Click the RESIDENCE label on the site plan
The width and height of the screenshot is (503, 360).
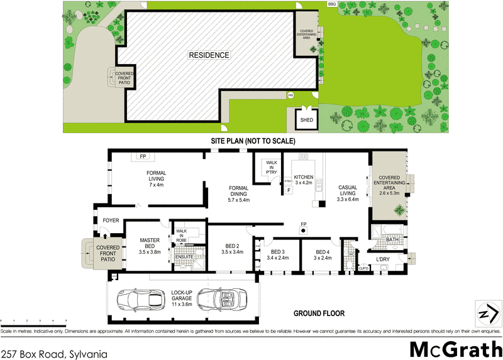coord(209,55)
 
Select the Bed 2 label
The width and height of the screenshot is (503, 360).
coord(232,249)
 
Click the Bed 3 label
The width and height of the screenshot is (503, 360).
coord(277,254)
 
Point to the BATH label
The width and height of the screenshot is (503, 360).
coord(392,239)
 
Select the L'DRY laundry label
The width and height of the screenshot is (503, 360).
coord(384,259)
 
